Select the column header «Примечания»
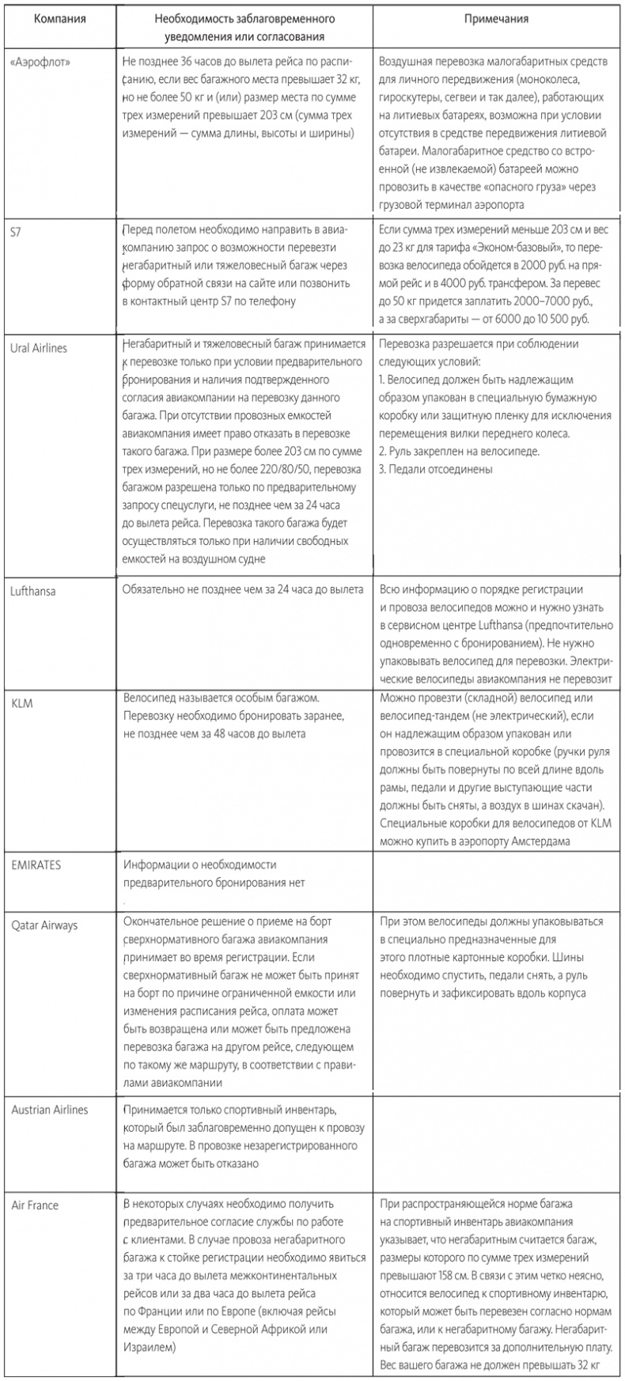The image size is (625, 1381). coord(497,18)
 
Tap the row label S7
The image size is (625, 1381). coord(18,232)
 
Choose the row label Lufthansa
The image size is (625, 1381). coord(34,591)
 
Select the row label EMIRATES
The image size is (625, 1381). coord(36,865)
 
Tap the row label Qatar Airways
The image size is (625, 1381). coord(45,924)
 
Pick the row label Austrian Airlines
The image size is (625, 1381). coord(50,1110)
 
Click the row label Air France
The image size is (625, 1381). coord(36,1205)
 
